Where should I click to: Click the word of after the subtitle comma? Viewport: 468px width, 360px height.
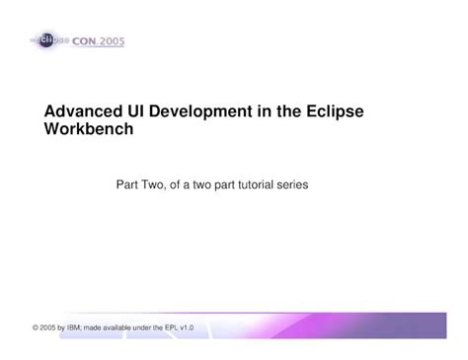click(x=174, y=183)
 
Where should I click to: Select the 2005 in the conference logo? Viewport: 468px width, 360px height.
click(x=111, y=42)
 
